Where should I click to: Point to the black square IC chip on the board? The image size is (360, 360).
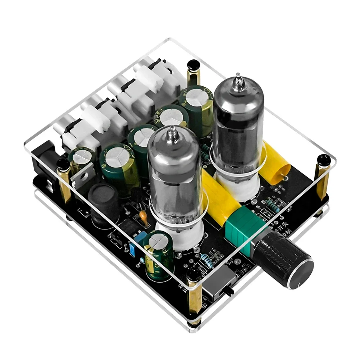coord(128,227)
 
